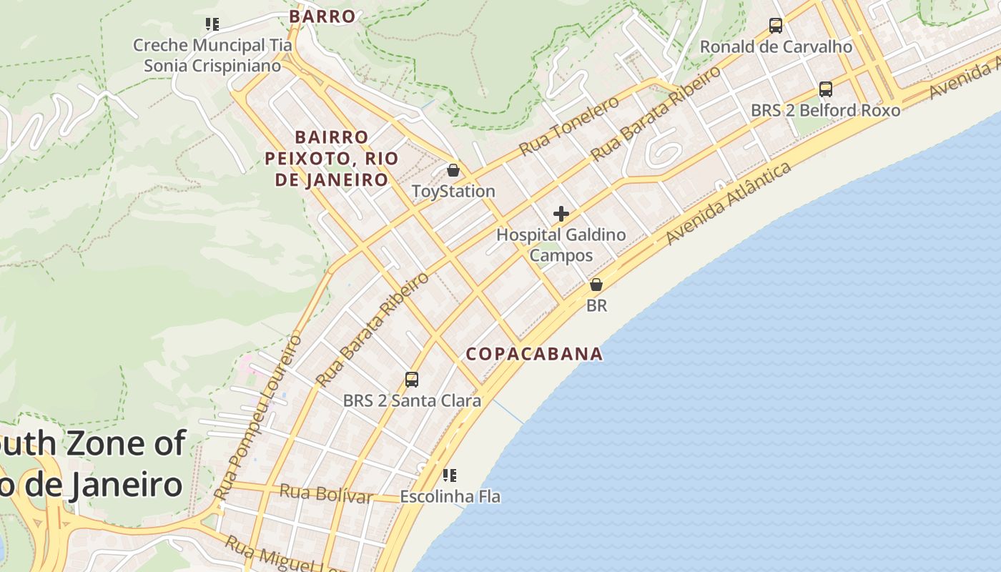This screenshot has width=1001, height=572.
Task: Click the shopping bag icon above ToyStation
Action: coord(453,170)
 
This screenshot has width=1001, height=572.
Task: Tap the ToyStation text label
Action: coord(453,192)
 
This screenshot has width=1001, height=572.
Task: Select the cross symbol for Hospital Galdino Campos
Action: coord(561,213)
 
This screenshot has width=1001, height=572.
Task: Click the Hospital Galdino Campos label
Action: coord(561,245)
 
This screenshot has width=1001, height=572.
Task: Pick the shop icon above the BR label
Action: coord(596,285)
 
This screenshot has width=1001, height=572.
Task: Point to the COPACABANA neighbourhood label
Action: coord(534,354)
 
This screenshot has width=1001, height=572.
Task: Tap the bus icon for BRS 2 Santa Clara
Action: coord(412,379)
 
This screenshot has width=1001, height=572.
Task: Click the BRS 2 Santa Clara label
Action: coord(412,400)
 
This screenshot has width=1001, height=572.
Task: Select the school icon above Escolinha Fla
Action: coord(450,475)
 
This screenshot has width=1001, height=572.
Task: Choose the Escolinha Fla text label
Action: coord(450,496)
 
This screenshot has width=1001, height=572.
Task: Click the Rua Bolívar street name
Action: coord(326,493)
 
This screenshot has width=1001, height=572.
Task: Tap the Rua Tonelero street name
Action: coord(569,126)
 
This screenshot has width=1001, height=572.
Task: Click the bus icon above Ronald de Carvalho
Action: coord(776,26)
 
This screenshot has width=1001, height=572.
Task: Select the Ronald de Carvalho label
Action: coord(776,47)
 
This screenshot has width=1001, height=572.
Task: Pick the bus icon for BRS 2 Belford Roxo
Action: coord(826,89)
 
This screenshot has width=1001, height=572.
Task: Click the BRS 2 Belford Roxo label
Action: coord(826,111)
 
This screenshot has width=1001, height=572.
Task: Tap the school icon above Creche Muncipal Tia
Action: coord(212,24)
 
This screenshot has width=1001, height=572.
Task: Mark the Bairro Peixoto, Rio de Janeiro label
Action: coord(332,158)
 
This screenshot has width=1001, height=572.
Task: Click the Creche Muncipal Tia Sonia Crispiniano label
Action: coord(212,55)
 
